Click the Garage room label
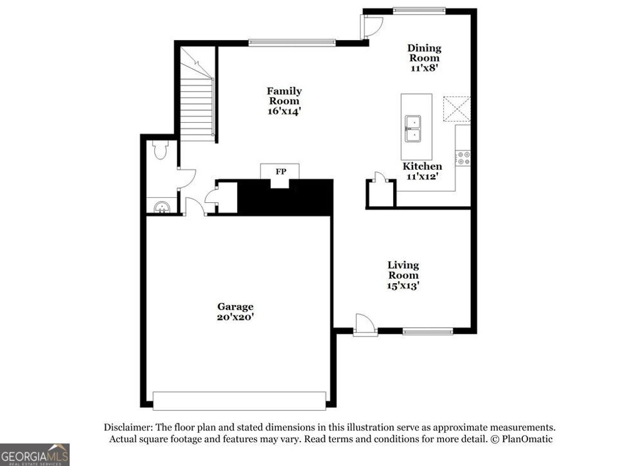[x=235, y=311]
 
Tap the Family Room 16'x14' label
[x=284, y=101]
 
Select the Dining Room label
[x=424, y=58]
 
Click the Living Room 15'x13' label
[x=403, y=275]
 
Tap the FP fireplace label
[x=280, y=171]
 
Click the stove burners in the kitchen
[x=463, y=158]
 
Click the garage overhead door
[x=239, y=401]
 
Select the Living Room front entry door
[x=365, y=325]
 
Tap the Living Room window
[x=428, y=331]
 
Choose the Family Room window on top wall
[x=292, y=43]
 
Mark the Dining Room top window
[x=419, y=10]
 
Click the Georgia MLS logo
[x=34, y=455]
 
